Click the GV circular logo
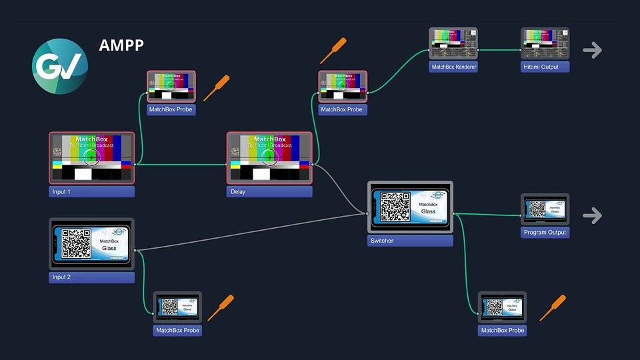60,66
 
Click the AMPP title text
121,45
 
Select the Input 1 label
92,191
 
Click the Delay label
269,191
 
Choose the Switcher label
410,241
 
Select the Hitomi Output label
545,67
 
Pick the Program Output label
545,233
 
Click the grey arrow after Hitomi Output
592,50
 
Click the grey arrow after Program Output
592,215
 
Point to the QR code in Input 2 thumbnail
76,243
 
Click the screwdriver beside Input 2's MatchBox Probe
220,307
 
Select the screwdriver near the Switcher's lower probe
552,307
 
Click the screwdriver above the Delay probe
333,51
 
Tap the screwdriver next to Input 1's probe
216,88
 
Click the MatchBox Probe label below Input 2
178,330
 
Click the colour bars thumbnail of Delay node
269,157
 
